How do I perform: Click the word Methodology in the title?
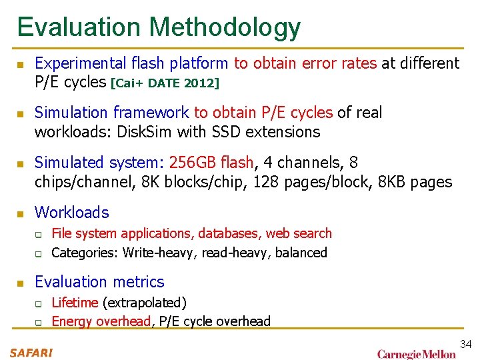(x=225, y=27)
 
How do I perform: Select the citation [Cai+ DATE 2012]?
(x=165, y=83)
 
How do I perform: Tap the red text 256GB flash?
(x=211, y=163)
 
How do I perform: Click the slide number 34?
(x=466, y=344)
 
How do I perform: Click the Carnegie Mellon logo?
(x=417, y=353)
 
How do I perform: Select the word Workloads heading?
(x=71, y=213)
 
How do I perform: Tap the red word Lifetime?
(x=75, y=303)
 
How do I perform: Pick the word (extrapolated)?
(x=144, y=303)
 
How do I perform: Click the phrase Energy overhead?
(x=101, y=321)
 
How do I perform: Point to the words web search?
(x=299, y=233)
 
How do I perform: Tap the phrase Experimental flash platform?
(x=131, y=63)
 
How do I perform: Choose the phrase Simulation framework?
(x=111, y=113)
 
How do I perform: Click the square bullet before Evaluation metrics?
(x=21, y=283)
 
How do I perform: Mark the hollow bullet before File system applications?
(x=39, y=235)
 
